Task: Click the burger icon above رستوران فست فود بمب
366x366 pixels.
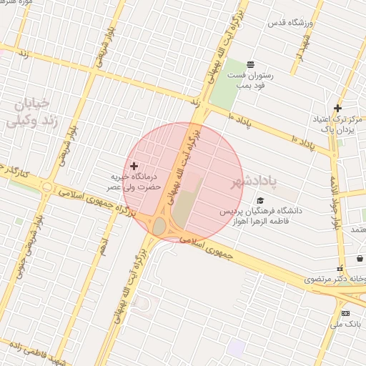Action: [x=250, y=64]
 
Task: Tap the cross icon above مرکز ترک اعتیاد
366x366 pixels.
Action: [x=337, y=109]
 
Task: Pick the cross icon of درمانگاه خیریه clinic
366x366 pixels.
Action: [x=134, y=166]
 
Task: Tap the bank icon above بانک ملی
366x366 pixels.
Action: [x=346, y=313]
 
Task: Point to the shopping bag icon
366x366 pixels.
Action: [x=360, y=258]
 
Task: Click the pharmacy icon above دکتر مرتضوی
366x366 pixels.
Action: [x=340, y=267]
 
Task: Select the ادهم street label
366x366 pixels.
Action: [x=104, y=247]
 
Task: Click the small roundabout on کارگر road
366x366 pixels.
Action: [x=47, y=188]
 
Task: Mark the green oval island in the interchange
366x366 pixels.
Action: [x=159, y=227]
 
